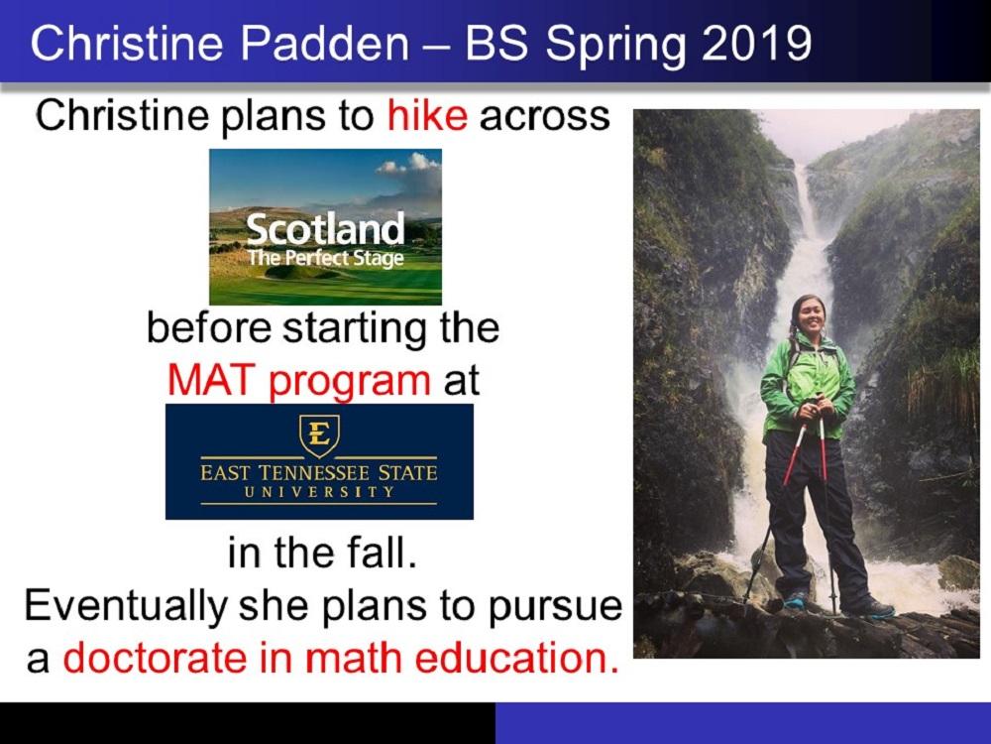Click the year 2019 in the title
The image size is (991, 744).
coord(756,43)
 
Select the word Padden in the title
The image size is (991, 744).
coord(324,43)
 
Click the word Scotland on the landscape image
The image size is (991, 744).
coord(325,229)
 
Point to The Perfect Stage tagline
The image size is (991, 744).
coord(325,258)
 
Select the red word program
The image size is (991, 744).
coord(350,382)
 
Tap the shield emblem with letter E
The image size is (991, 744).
coord(319,435)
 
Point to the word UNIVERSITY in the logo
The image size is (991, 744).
coord(318,492)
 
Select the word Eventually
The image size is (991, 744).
coord(126,606)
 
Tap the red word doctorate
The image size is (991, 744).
coord(155,658)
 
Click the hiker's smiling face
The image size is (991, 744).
coord(809,318)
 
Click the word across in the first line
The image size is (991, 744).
coord(545,116)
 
